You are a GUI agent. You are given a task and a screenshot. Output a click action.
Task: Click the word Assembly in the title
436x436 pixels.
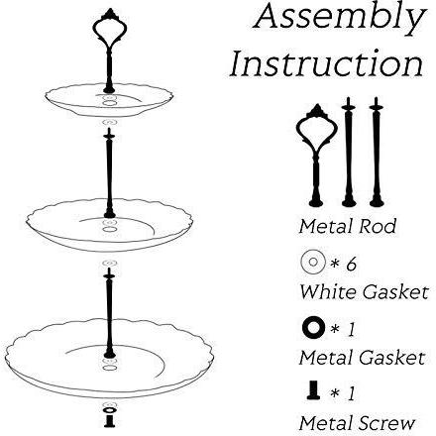(x=340, y=18)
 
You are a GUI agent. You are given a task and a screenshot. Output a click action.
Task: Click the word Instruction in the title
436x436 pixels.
(x=326, y=62)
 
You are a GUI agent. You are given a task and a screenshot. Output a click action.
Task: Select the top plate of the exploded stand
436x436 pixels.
(x=109, y=100)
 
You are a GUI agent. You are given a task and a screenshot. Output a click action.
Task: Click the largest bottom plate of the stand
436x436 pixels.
(x=109, y=359)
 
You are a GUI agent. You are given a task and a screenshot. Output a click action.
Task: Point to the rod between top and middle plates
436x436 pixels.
(x=109, y=173)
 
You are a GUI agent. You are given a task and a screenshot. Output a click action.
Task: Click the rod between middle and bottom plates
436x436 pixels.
(x=109, y=312)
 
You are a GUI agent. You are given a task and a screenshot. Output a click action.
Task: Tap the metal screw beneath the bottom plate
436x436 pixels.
(x=109, y=421)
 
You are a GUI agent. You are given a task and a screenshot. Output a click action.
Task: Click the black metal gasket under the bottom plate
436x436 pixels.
(x=109, y=410)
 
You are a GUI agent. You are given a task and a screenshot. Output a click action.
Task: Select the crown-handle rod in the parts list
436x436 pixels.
(x=316, y=156)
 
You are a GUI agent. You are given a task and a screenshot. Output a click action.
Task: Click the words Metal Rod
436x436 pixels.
(x=347, y=227)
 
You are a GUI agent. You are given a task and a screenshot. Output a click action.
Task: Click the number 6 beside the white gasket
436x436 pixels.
(x=352, y=265)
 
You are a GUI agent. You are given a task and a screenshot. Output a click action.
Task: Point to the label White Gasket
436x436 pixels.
(x=364, y=292)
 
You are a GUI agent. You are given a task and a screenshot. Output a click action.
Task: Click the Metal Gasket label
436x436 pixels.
(x=362, y=358)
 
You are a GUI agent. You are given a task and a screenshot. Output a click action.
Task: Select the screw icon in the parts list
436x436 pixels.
(x=313, y=389)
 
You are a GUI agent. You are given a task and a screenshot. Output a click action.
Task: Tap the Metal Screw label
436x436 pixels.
(x=357, y=423)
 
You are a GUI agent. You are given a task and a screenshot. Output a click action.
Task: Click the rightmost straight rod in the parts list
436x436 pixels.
(x=377, y=152)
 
